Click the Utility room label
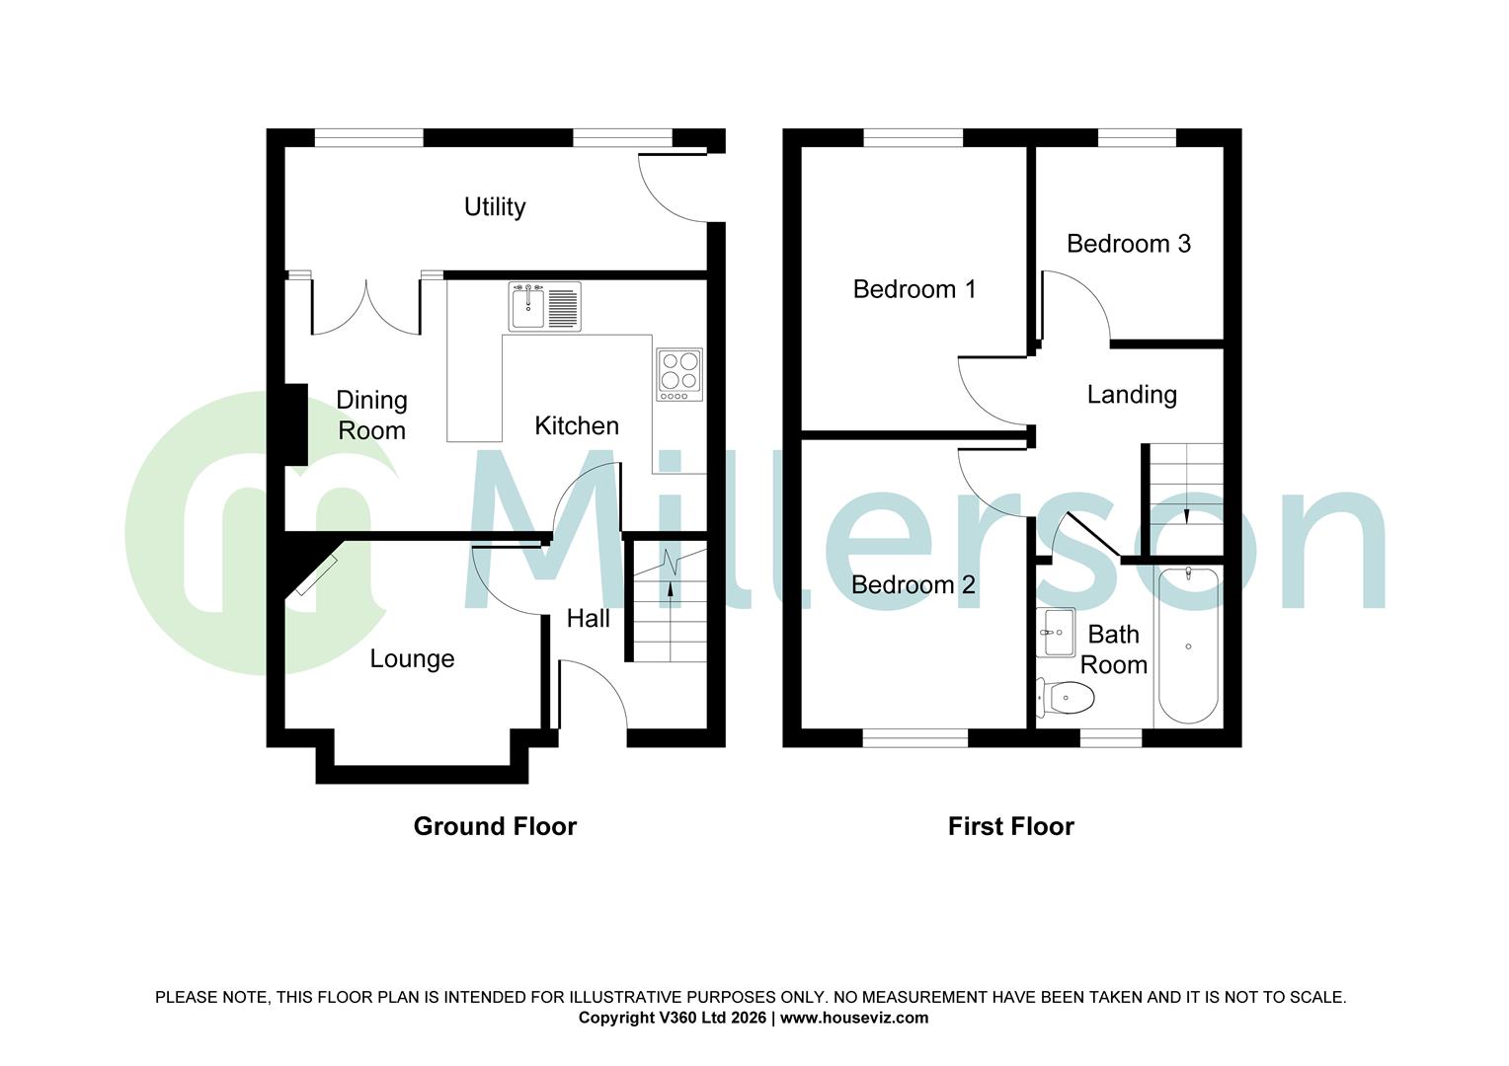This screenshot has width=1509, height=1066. [x=495, y=206]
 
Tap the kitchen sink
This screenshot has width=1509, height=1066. [x=544, y=306]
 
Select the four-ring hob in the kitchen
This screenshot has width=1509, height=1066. [x=679, y=374]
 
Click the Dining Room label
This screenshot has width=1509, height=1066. [x=371, y=416]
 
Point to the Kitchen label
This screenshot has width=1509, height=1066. [x=577, y=425]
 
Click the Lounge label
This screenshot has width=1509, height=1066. [x=412, y=658]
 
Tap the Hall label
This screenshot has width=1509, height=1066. [x=588, y=619]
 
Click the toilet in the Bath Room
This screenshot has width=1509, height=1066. [x=1067, y=699]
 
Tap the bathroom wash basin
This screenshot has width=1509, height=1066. [x=1056, y=632]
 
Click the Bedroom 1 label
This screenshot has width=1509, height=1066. [x=913, y=289]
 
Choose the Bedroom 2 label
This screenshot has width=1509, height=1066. [x=913, y=584]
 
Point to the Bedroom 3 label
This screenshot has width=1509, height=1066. [x=1128, y=244]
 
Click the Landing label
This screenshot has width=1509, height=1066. [x=1132, y=395]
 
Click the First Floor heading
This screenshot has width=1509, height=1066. [x=1010, y=826]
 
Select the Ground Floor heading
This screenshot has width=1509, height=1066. [x=495, y=826]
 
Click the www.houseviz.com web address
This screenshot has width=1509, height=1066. [x=854, y=1018]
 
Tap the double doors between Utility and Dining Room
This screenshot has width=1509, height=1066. [x=366, y=308]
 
